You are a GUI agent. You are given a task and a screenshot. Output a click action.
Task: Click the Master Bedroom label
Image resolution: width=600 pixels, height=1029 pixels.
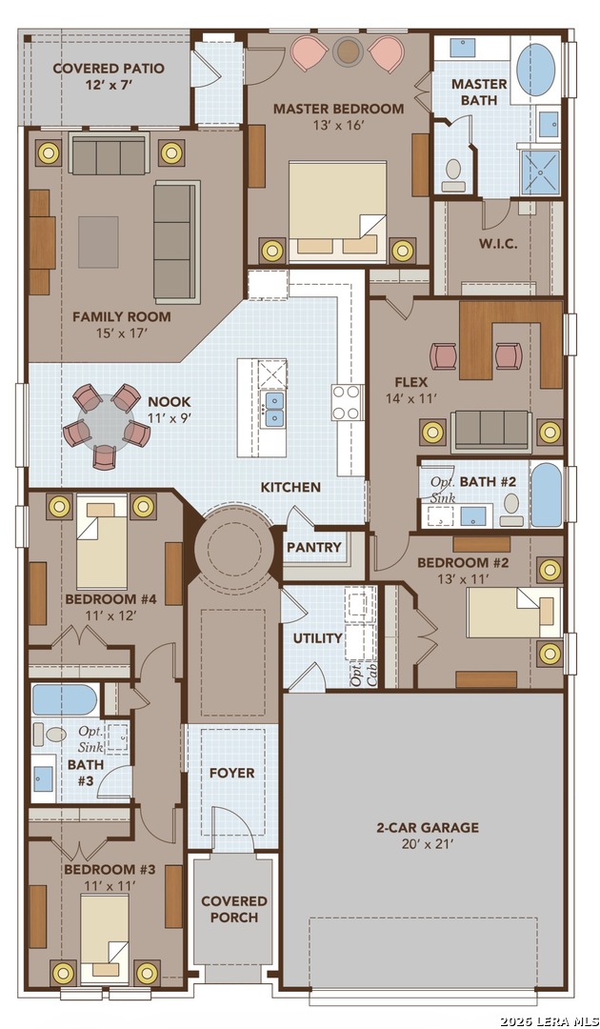click(338, 109)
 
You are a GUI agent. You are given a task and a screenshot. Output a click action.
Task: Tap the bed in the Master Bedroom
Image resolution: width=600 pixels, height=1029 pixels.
click(338, 208)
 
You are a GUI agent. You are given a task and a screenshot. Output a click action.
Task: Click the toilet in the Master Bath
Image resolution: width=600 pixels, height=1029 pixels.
click(453, 175)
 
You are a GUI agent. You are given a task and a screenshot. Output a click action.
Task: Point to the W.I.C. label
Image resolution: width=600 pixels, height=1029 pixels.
click(498, 244)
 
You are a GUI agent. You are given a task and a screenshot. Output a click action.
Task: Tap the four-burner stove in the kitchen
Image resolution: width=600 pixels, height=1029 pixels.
click(347, 402)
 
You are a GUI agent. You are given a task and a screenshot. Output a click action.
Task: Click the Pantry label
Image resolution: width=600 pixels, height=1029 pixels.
click(314, 547)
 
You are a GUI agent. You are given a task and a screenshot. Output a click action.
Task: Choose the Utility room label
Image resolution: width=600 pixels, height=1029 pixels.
click(317, 637)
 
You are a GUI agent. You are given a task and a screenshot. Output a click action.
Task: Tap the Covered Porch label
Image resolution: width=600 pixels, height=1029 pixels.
click(234, 909)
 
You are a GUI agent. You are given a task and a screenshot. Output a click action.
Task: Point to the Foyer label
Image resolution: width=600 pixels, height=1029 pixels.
click(232, 773)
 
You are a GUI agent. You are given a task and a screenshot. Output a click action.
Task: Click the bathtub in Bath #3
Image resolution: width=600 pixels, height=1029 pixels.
click(65, 699)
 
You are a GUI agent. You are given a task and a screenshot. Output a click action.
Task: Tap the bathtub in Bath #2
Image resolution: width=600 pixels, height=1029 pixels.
click(547, 494)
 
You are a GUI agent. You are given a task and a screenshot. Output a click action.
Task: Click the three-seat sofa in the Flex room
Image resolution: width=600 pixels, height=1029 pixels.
click(491, 431)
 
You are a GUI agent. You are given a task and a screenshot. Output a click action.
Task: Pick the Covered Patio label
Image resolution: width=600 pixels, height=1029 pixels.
click(109, 76)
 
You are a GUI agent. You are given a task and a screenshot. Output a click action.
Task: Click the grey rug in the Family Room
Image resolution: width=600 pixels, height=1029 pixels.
click(98, 242)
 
